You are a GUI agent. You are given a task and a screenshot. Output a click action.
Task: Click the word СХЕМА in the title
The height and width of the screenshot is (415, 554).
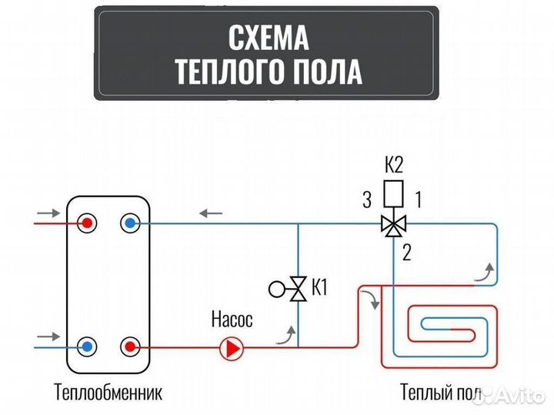click(x=268, y=35)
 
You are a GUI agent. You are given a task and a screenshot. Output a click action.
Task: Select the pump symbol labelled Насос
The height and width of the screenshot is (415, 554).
click(x=231, y=349)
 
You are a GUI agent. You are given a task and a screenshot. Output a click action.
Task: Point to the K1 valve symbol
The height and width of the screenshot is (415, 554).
click(x=295, y=289)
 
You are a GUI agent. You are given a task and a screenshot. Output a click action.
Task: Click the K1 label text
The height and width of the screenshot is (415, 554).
click(x=319, y=289)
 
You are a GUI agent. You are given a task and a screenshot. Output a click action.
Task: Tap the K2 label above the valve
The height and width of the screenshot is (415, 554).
click(x=393, y=164)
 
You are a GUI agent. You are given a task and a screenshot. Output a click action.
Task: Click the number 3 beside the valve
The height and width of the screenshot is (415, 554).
click(x=367, y=201)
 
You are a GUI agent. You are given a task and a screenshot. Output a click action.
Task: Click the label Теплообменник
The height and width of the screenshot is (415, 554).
click(x=108, y=393)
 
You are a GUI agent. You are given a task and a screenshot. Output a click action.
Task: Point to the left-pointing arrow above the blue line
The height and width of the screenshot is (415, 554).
click(x=212, y=213)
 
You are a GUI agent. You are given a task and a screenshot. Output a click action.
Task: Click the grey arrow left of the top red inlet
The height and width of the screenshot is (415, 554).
click(x=47, y=213)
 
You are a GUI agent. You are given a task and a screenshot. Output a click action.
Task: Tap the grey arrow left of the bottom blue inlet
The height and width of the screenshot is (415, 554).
click(x=47, y=336)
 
